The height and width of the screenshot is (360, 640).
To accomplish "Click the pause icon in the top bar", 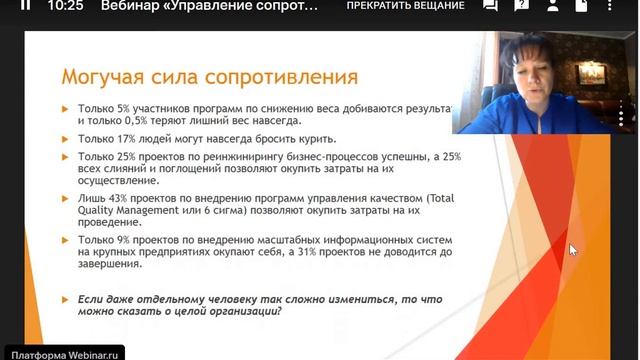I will pos(26,6).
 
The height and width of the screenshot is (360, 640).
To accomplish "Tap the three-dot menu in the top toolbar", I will pos(618,6).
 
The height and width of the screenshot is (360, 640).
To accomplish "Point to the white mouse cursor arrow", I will pos(572,249).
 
